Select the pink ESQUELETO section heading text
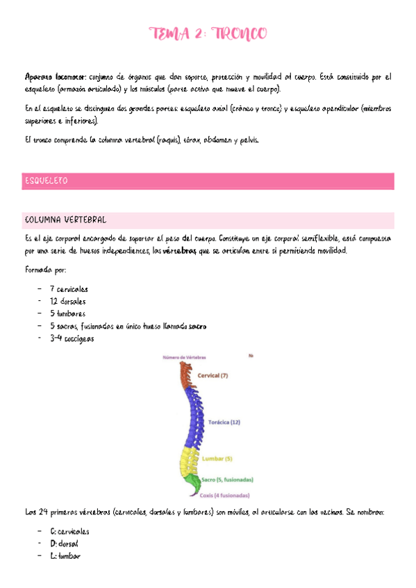tap(46, 181)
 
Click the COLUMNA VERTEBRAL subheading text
tap(65, 220)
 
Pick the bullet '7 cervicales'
tap(69, 288)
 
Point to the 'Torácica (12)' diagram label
tap(224, 421)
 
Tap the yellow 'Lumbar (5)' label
tap(217, 458)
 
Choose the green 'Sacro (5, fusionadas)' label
tap(227, 479)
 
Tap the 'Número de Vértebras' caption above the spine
tap(183, 357)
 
